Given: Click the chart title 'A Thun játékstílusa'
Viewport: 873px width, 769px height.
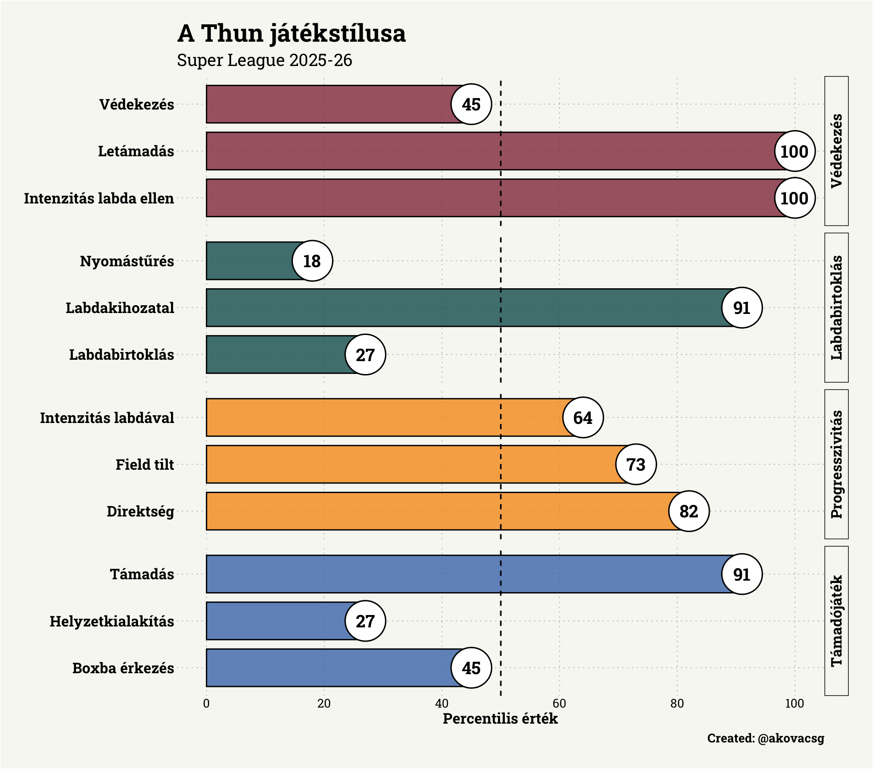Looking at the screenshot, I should click(x=291, y=33).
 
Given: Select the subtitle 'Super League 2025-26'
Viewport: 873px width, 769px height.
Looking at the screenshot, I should click(x=265, y=60).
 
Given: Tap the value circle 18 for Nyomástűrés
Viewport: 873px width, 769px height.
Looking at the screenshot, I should click(x=312, y=261).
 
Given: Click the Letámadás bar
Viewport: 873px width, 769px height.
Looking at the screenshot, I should click(x=491, y=151).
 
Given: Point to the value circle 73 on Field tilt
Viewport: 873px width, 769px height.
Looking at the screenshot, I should click(x=636, y=465).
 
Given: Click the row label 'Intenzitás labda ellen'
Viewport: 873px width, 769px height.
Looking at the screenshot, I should click(x=99, y=198).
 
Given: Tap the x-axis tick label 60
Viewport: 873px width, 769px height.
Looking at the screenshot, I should click(x=559, y=703).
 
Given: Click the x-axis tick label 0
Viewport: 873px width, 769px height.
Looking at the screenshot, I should click(x=206, y=703).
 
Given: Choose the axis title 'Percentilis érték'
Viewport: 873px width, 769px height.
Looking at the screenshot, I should click(x=500, y=719).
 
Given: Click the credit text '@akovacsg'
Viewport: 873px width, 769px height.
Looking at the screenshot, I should click(x=791, y=738).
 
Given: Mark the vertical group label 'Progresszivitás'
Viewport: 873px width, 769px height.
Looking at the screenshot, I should click(x=837, y=464).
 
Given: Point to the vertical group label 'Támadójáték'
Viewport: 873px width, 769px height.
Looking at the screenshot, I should click(x=837, y=621).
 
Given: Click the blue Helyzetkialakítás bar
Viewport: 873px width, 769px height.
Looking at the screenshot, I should click(x=275, y=621).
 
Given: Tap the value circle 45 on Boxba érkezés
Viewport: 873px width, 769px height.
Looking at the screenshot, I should click(x=471, y=668).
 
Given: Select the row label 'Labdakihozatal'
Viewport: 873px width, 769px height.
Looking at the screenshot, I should click(x=120, y=308).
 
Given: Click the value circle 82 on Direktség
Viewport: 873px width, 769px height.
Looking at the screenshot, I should click(x=689, y=511).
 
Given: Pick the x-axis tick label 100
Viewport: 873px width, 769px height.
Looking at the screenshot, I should click(x=795, y=703).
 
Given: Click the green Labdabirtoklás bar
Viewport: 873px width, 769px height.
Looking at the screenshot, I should click(x=275, y=355).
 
